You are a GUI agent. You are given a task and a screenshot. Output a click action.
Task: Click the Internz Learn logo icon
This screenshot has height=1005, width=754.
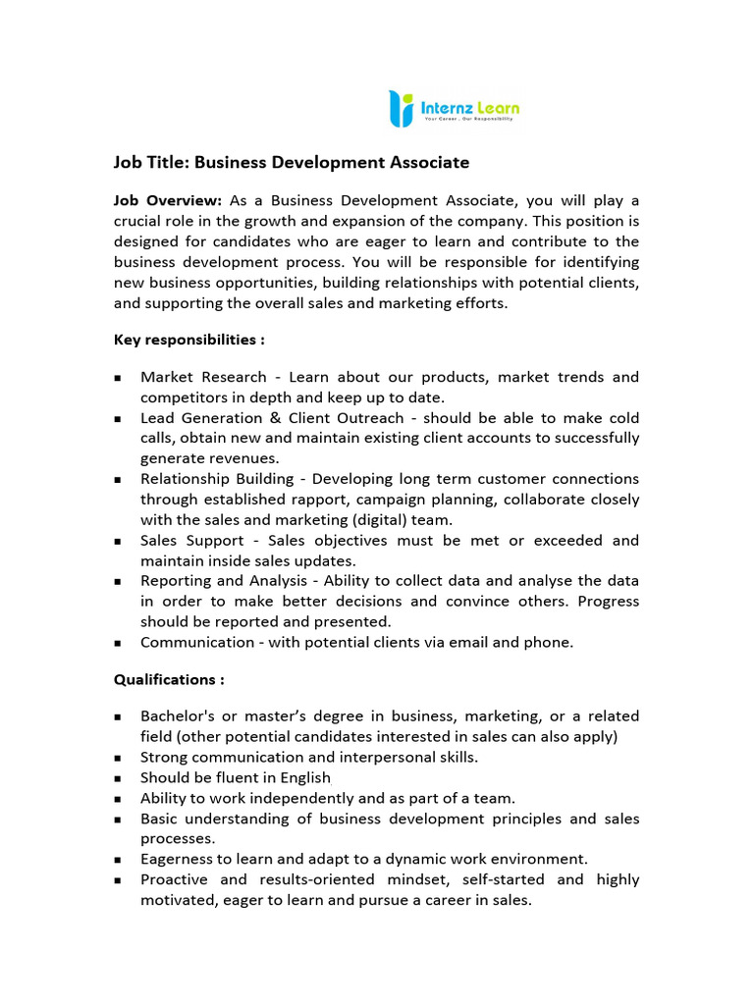point(401,108)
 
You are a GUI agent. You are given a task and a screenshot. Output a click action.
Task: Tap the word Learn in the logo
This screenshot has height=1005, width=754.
point(499,106)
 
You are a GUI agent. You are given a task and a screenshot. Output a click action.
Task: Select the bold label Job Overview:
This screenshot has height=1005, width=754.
point(168,200)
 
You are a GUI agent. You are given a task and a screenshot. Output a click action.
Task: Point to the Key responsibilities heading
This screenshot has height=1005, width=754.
point(188,340)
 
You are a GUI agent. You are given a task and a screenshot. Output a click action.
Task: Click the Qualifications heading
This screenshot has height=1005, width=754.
point(169,679)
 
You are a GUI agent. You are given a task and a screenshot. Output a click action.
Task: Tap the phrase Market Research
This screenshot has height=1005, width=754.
point(203,377)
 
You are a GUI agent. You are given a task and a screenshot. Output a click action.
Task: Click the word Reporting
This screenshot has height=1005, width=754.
point(174,581)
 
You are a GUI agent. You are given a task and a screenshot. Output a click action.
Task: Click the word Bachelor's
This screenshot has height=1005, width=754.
point(176,716)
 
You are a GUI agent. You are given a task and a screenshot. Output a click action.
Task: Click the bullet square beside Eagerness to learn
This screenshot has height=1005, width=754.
point(118,860)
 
